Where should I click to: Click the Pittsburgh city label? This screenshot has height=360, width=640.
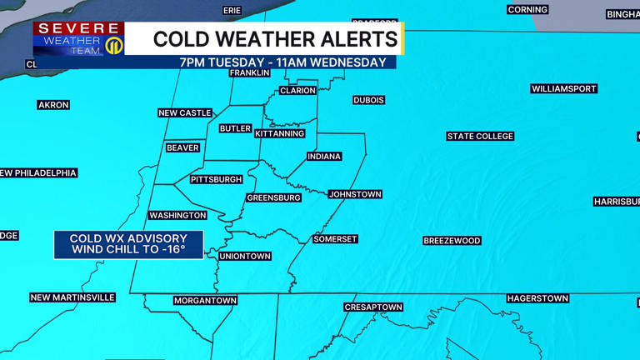coord(216,179)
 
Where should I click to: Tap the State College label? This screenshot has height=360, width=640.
coord(480,136)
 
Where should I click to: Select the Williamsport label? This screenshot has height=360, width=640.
coord(564,88)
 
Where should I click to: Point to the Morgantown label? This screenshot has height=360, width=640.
coord(205,300)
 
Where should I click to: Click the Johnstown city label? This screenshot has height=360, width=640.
coord(355,194)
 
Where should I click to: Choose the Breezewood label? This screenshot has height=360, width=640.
coord(452,241)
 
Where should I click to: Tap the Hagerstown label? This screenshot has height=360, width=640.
coord(537,298)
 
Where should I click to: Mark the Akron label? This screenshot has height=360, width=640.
coord(53,105)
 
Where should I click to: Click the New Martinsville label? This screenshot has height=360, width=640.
coord(72,297)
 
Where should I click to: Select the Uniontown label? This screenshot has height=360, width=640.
coord(245,257)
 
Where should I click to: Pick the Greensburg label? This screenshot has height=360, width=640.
coord(273,198)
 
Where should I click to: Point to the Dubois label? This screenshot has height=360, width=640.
coord(368,100)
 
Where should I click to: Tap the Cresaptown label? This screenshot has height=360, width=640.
coord(373,307)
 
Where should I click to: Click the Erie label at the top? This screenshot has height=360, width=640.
coord(232,11)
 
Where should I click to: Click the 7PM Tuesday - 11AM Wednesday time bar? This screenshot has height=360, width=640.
coord(283,62)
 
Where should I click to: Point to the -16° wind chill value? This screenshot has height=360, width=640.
coord(170,249)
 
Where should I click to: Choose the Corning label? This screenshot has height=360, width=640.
coord(527,10)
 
